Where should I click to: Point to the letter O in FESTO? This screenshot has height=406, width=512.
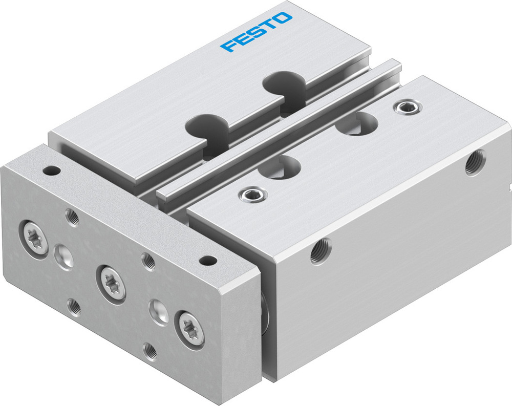click(x=283, y=20)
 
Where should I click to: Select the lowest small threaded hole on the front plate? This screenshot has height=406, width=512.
click(x=150, y=351)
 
